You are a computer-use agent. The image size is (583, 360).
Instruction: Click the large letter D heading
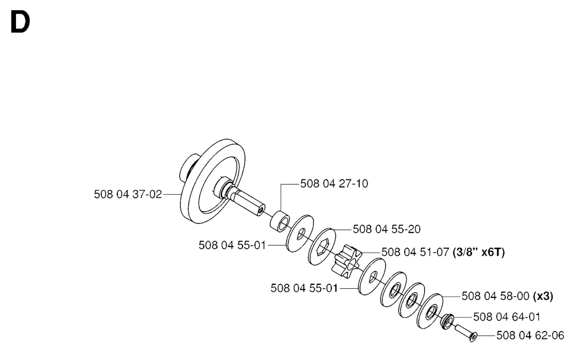20,22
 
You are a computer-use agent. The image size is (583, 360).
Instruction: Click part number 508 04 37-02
128,194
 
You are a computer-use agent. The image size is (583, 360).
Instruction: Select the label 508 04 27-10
334,184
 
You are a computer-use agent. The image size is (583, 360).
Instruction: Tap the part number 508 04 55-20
387,229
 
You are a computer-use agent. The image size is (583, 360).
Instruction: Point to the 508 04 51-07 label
415,252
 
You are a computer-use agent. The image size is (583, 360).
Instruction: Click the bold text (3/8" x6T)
479,252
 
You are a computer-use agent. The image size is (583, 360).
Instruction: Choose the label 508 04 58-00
496,296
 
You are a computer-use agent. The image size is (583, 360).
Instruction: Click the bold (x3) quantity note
543,296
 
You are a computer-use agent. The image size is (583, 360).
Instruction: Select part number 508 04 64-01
507,317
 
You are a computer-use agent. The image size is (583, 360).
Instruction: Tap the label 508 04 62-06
530,336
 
